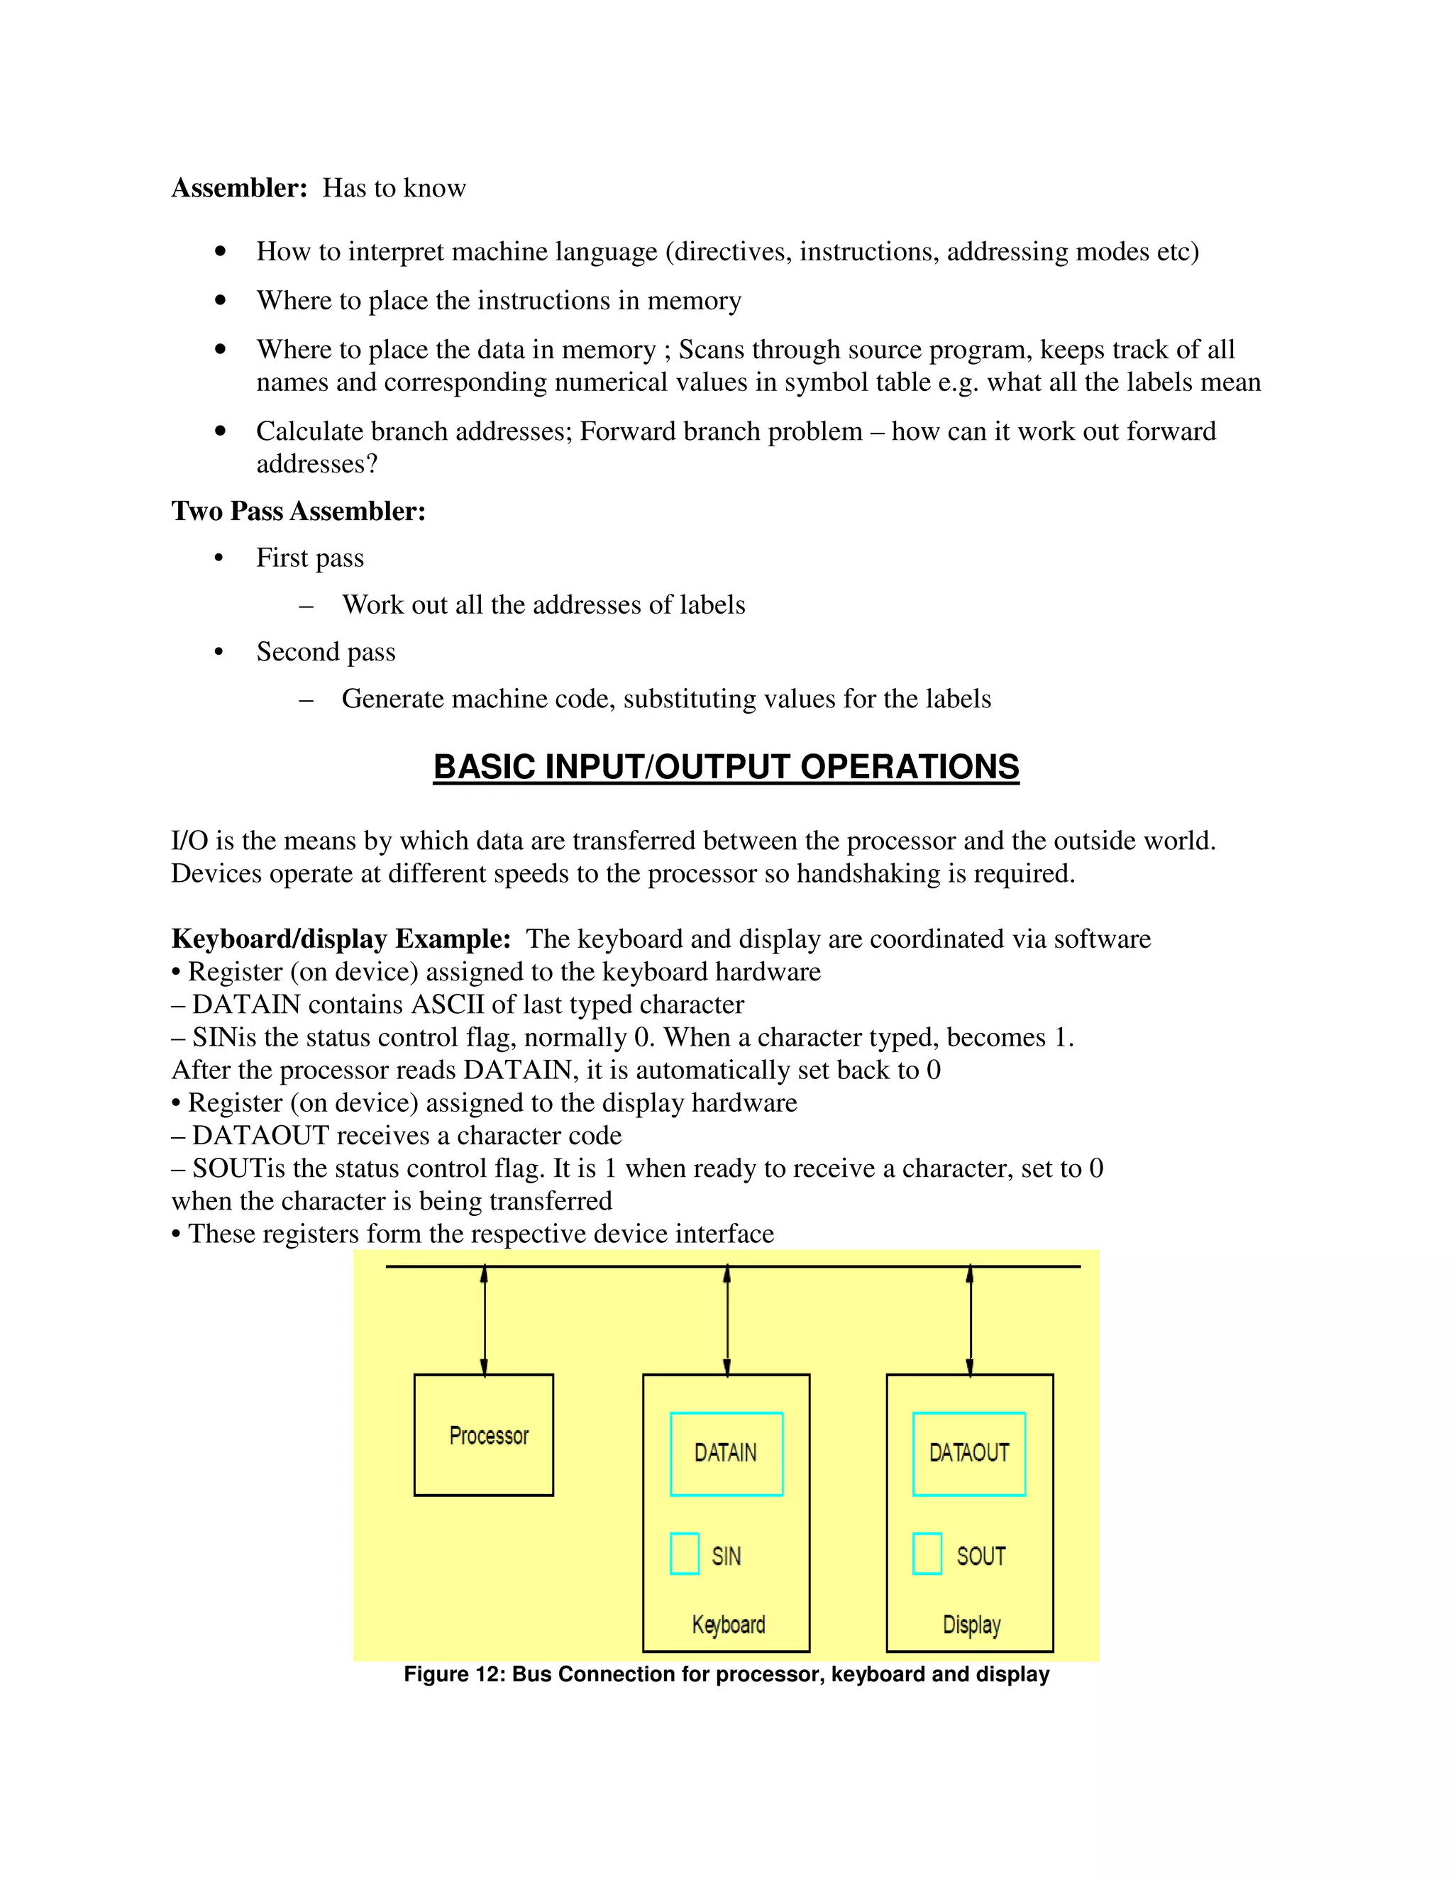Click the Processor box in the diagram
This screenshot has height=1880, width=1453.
(484, 1435)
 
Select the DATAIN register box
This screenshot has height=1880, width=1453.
(726, 1453)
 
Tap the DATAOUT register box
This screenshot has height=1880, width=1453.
(969, 1453)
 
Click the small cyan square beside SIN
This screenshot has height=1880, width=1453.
(685, 1554)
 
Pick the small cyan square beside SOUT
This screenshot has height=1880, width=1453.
(927, 1554)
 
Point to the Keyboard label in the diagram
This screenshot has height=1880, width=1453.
(728, 1625)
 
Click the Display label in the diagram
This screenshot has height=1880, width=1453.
(972, 1625)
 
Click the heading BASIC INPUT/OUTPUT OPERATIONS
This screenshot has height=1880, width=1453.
(726, 767)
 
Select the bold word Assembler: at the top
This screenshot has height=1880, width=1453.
(239, 188)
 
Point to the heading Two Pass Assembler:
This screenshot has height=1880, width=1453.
(299, 512)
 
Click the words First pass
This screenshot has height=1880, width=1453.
(310, 558)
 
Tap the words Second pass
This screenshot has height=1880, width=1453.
(326, 652)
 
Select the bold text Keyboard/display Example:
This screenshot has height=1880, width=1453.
(341, 939)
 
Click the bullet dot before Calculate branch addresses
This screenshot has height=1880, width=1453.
(221, 431)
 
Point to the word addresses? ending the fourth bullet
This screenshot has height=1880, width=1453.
(316, 464)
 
